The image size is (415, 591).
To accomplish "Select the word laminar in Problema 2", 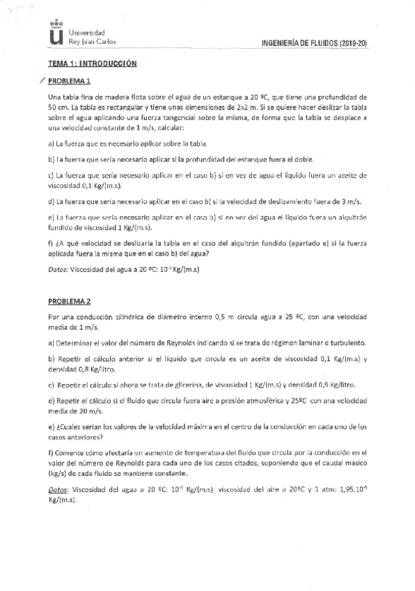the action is pyautogui.click(x=302, y=342).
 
